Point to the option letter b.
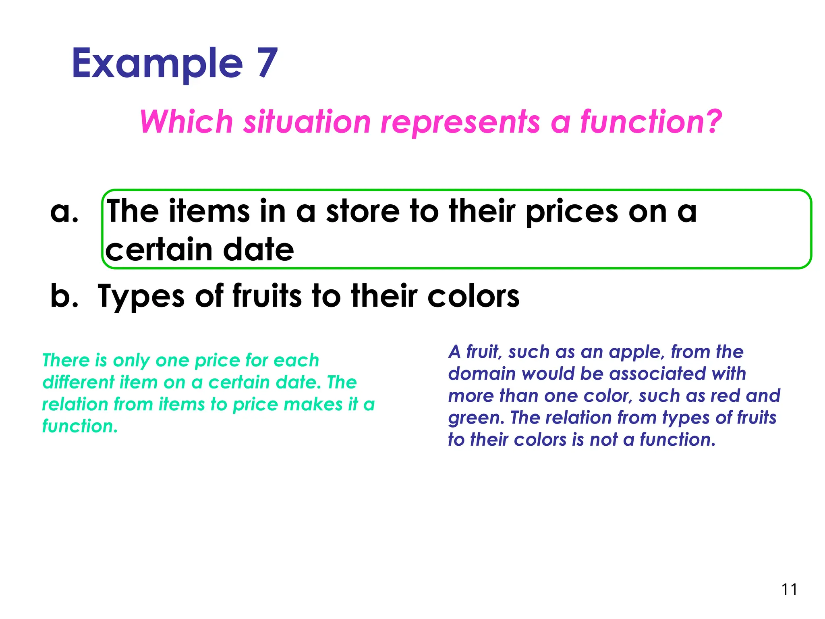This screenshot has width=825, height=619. coord(64,296)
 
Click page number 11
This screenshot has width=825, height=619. coord(789,590)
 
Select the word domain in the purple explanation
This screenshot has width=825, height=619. coord(482,374)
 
